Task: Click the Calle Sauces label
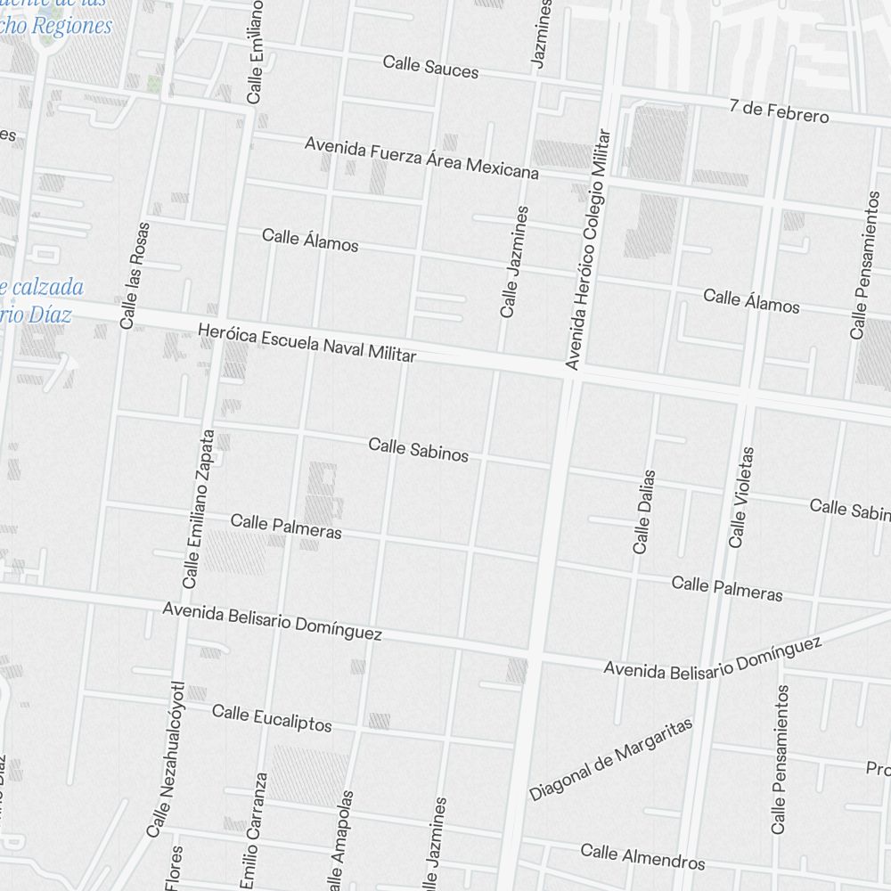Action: [x=430, y=66]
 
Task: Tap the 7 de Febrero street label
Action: [x=779, y=111]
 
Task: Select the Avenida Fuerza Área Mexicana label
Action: [x=421, y=157]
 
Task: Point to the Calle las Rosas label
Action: [x=135, y=275]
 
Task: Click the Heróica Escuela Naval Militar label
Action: [x=307, y=342]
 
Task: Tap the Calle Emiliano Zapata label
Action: [x=198, y=509]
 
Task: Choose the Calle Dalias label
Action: [x=644, y=511]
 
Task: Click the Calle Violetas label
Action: [x=741, y=497]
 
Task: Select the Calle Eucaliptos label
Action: [x=272, y=717]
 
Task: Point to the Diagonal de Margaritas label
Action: [x=610, y=760]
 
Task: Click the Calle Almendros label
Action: [x=642, y=856]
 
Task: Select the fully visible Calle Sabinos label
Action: [x=418, y=449]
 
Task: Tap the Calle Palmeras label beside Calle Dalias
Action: [x=727, y=588]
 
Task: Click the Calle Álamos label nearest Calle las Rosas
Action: [x=310, y=240]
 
